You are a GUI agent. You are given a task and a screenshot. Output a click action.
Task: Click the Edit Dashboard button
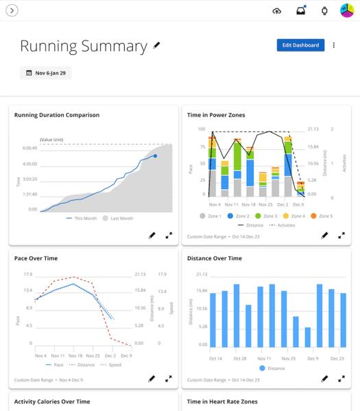(300, 45)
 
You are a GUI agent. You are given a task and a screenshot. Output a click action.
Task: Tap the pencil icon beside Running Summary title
(157, 46)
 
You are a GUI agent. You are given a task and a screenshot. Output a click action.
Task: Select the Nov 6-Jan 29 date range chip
(45, 73)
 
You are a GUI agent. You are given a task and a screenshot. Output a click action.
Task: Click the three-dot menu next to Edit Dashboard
(334, 45)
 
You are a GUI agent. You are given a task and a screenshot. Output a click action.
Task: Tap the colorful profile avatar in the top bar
(347, 10)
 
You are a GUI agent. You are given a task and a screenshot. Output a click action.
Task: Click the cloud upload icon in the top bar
(277, 10)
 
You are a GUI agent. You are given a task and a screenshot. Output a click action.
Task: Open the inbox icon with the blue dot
(300, 10)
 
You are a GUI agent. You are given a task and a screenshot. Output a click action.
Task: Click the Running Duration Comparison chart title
(56, 115)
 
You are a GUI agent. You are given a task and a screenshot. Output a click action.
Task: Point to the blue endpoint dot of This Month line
(155, 156)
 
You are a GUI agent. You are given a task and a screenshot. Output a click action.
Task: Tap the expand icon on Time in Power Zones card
(341, 235)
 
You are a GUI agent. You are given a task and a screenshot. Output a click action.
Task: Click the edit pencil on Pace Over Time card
(152, 378)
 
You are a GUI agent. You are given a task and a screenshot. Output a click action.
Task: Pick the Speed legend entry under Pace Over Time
(113, 365)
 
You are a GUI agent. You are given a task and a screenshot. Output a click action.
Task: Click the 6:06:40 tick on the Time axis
(29, 147)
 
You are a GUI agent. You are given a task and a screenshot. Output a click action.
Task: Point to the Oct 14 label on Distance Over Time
(215, 358)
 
